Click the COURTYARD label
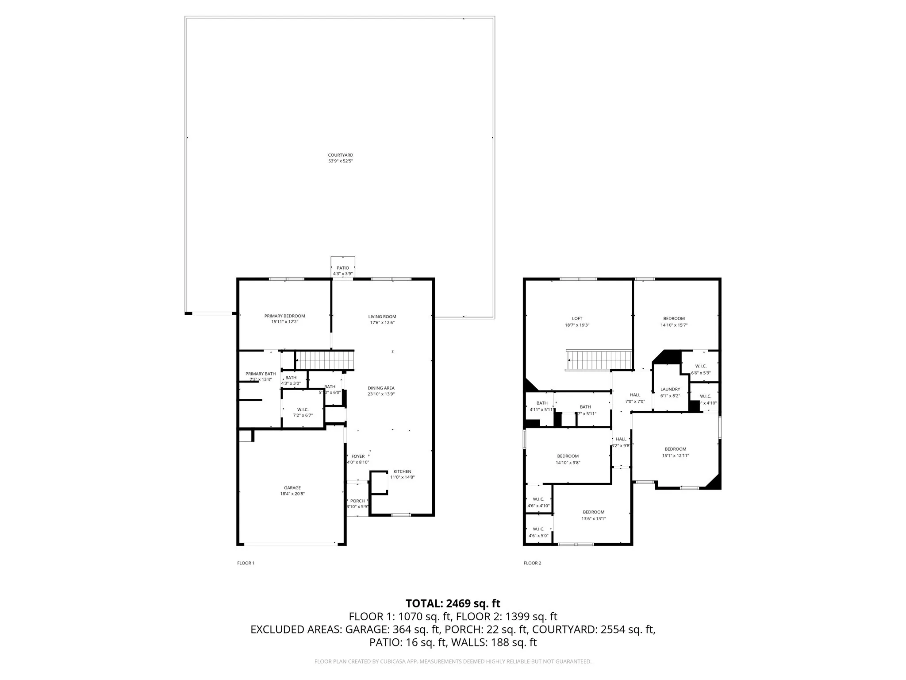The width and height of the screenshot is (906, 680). click(340, 155)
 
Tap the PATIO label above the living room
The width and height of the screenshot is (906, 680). click(343, 268)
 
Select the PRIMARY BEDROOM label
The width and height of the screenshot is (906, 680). click(284, 316)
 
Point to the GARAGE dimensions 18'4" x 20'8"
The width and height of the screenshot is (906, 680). click(292, 494)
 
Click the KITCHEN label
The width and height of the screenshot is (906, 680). click(402, 471)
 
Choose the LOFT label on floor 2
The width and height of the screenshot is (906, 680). click(577, 318)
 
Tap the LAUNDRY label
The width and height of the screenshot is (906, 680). click(670, 389)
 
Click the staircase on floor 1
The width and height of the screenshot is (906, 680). click(325, 359)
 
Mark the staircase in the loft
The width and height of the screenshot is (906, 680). click(598, 360)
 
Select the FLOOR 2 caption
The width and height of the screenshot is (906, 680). click(532, 563)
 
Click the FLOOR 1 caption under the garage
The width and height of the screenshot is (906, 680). click(246, 563)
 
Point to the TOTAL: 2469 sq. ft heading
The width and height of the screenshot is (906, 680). click(453, 603)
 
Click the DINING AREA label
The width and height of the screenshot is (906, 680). click(381, 388)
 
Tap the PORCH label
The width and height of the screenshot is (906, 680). click(357, 501)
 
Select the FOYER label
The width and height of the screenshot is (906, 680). click(358, 456)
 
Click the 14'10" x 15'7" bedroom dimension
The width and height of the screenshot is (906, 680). click(674, 325)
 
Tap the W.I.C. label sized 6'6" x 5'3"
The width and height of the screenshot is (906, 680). click(701, 366)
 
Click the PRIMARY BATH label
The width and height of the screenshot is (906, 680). click(261, 374)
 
